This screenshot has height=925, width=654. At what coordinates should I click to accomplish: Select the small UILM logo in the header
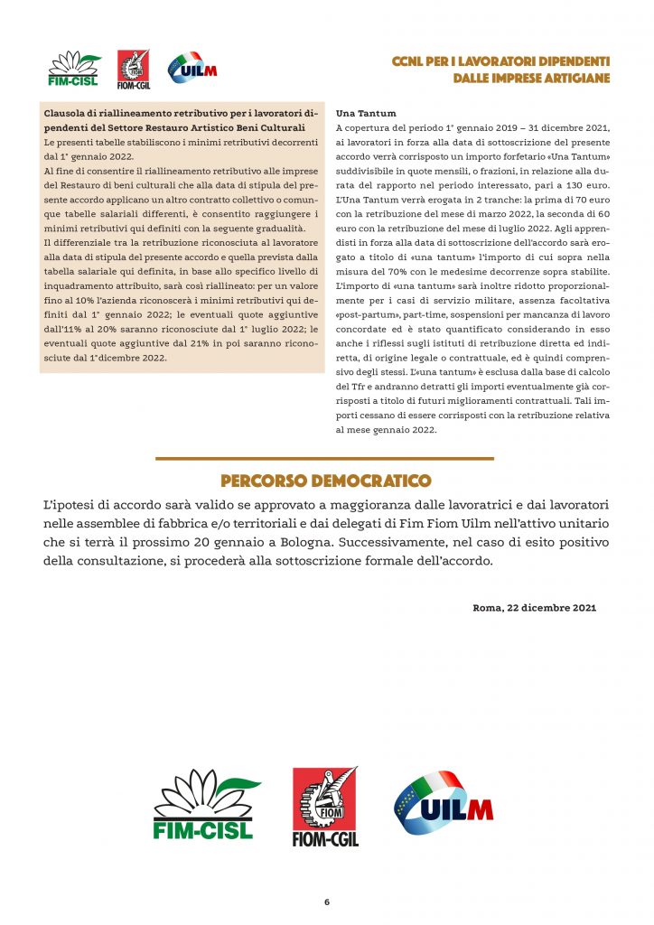tap(192, 69)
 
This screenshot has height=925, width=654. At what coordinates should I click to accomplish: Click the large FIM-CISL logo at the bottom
tap(205, 803)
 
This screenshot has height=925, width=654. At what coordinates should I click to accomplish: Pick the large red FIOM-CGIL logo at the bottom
tap(325, 807)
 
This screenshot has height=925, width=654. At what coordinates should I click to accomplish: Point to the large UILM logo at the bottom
tap(444, 803)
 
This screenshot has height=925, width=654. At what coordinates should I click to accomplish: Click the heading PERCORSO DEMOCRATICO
tap(325, 481)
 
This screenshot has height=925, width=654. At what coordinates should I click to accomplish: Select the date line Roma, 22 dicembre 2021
tap(534, 608)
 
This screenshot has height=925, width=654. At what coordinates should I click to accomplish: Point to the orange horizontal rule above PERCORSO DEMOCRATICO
tap(325, 459)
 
